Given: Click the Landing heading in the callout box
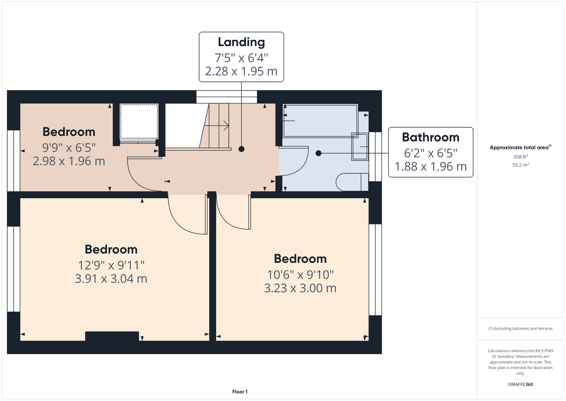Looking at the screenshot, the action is point(241,43).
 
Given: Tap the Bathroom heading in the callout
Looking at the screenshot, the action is point(431,138).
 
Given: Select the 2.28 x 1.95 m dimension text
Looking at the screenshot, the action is point(241,71).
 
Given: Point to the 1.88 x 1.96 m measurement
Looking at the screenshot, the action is point(431,167).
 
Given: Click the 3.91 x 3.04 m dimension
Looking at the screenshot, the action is point(111,279).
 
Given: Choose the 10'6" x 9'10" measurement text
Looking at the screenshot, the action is point(300,275).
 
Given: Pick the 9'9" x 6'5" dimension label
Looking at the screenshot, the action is point(69,148).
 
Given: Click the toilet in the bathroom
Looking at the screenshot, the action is point(352,182).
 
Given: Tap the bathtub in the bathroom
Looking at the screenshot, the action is point(320,121).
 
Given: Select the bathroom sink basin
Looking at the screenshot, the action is point(360,147).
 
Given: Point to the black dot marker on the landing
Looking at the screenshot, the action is point(241,149).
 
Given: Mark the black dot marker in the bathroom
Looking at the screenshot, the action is point(318,153).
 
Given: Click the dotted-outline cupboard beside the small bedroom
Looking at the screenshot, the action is point(139,121).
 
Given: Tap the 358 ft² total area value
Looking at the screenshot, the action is point(520,157).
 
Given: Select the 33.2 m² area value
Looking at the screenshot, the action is point(520,165).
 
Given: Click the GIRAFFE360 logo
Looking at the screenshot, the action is point(520,384).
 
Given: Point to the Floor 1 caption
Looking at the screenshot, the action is point(240,392).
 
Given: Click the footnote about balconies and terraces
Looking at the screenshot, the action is point(520,328).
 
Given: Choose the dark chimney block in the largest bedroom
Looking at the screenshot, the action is point(112,336).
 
